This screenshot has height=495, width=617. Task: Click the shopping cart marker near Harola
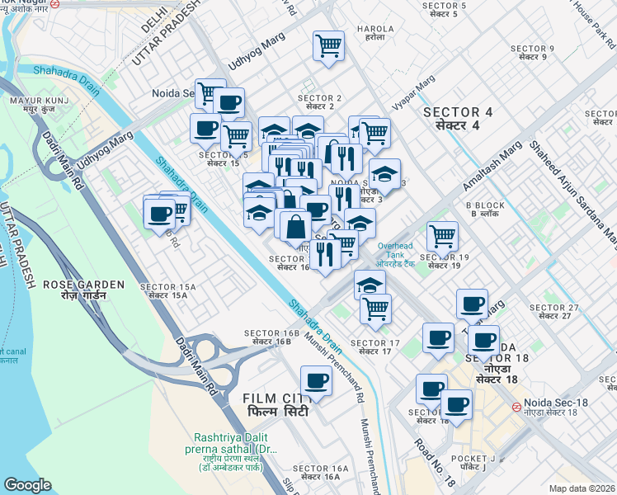pos(328,45)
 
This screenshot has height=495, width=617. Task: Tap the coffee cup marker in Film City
pos(315,381)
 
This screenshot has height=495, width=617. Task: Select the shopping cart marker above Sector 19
pos(443,237)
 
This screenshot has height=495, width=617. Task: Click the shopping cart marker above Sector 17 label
pos(375,309)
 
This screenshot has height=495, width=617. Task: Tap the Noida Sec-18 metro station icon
pos(515,406)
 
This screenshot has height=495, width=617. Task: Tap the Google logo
pos(28,485)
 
